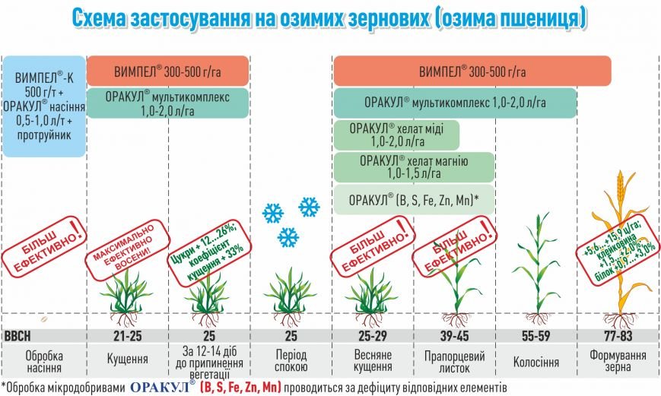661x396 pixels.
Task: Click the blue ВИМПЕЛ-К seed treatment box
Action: (44, 106)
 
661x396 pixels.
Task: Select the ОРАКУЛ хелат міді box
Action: (396, 135)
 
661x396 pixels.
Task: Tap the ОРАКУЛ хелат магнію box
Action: (414, 167)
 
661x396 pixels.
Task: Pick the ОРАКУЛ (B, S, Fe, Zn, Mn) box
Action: (414, 200)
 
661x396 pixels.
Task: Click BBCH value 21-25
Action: (127, 336)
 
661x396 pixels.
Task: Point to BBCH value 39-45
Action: (454, 336)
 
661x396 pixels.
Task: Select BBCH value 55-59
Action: (535, 336)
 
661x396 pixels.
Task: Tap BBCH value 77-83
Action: (618, 336)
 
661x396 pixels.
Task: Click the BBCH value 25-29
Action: (373, 336)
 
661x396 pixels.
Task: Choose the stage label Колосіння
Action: (535, 362)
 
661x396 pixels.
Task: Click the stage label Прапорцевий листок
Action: (454, 362)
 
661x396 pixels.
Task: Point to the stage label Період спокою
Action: (291, 360)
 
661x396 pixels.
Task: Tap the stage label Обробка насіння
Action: (44, 362)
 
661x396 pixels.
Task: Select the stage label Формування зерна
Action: (618, 360)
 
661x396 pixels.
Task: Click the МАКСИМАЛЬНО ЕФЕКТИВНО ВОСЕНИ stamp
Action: (128, 249)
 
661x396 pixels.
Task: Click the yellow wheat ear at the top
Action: (620, 185)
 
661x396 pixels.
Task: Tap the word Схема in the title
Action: (98, 18)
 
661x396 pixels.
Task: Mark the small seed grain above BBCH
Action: (43, 320)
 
